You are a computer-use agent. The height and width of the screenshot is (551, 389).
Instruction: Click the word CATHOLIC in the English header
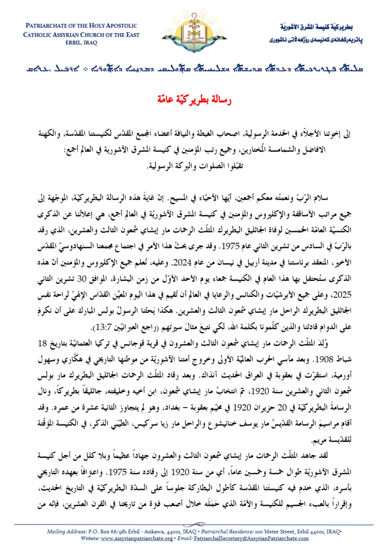tap(40, 35)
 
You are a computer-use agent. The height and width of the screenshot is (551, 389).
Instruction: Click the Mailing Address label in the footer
tap(63, 532)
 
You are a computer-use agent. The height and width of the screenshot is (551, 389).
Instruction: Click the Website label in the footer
tap(90, 538)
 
